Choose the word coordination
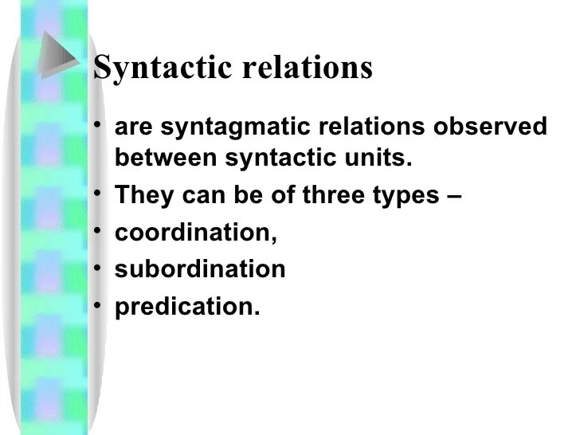tap(196, 233)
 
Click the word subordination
tap(200, 269)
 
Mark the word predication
tap(187, 307)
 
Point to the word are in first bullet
tap(132, 128)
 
